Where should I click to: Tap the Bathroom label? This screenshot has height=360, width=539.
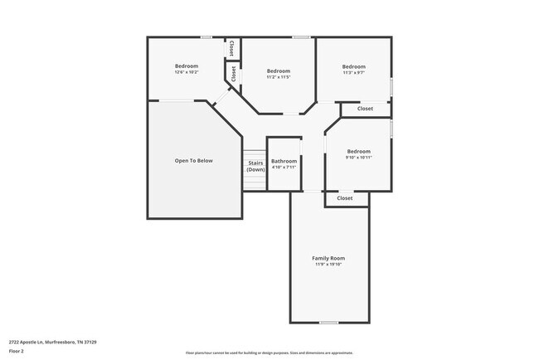284,161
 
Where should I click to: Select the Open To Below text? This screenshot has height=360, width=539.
193,160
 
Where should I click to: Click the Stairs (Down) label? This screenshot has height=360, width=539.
255,166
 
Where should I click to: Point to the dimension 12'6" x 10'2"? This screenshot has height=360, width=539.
186,72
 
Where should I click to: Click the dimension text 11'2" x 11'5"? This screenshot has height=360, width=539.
278,77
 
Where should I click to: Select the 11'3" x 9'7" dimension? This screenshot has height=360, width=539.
353,72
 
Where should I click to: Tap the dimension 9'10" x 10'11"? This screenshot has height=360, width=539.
358,157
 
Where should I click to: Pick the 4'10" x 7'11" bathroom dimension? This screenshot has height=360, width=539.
284,167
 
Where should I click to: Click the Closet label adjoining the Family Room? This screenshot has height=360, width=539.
345,198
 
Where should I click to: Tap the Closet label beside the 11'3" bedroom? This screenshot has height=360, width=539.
365,109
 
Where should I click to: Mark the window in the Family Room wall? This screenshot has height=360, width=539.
329,322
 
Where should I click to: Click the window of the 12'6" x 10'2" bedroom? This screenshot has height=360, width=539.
206,36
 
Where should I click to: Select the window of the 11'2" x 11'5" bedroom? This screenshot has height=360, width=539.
301,36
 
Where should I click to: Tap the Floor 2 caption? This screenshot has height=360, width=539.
17,350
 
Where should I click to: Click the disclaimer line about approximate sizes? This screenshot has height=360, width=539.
269,353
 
